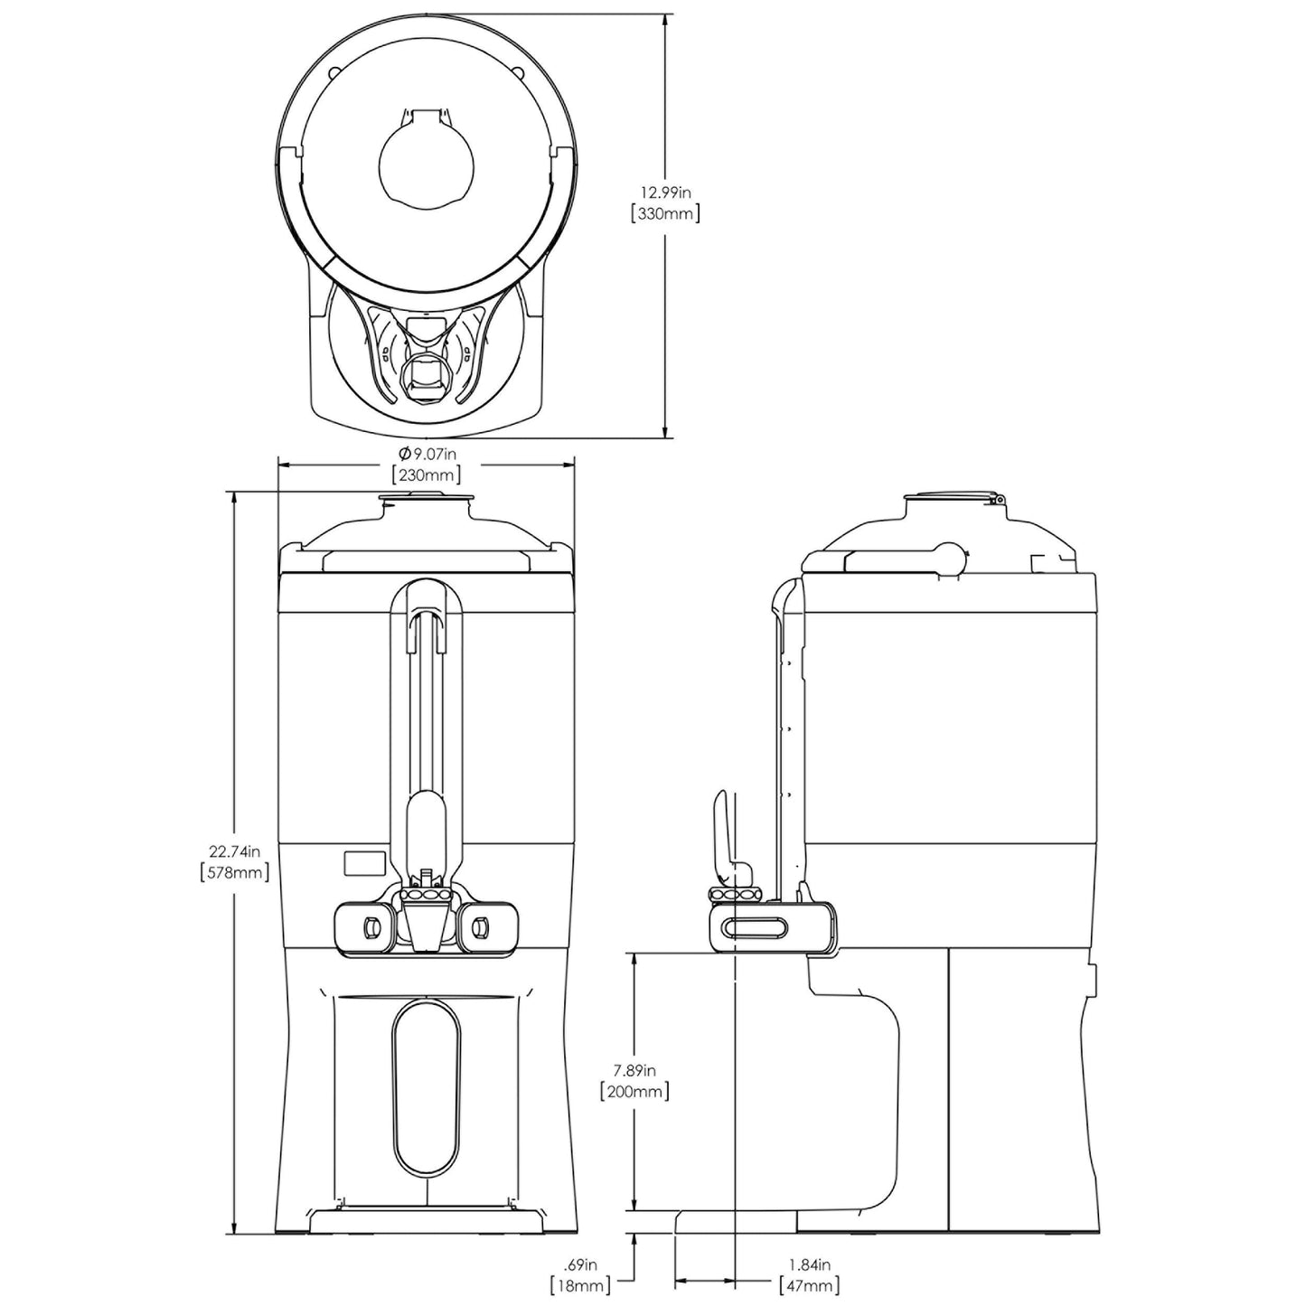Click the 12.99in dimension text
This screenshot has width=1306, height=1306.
665,193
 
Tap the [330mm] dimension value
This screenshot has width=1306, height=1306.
665,214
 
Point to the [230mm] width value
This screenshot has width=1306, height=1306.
426,474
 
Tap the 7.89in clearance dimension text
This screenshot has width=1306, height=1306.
634,1070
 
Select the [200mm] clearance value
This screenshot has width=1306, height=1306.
634,1092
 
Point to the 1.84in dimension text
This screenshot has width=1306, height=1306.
809,1264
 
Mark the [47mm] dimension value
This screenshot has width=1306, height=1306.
809,1285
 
